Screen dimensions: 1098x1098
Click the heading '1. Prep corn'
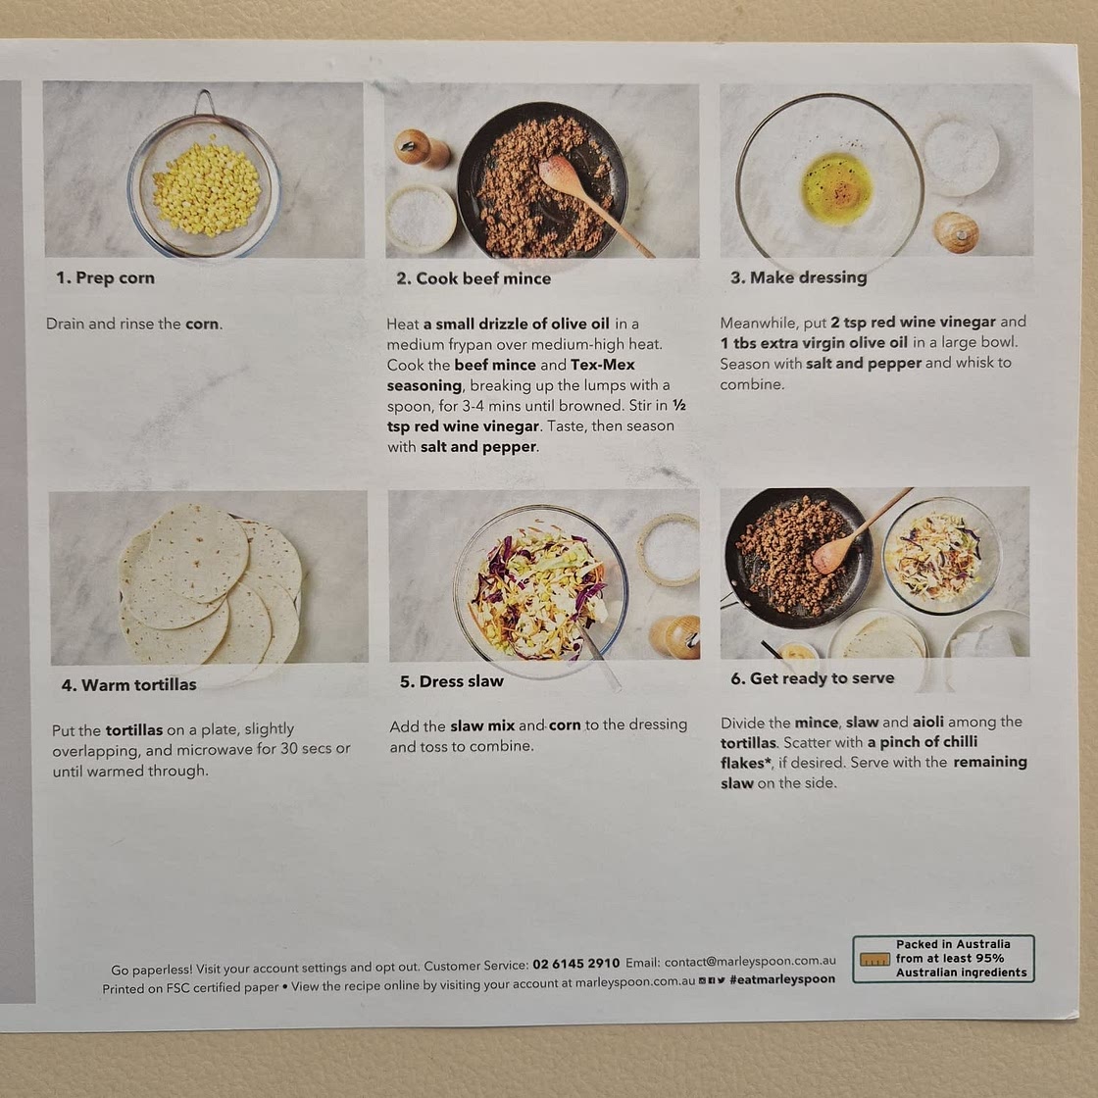click(105, 278)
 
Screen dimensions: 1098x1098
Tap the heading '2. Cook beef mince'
click(474, 278)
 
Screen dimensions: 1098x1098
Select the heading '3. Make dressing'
click(798, 278)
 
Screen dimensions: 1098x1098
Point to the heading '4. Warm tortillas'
click(128, 685)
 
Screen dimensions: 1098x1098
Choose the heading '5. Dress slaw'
click(452, 681)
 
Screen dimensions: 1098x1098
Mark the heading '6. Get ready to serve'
click(813, 678)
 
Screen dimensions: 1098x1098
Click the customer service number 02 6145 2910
click(575, 965)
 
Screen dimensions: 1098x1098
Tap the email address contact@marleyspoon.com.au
click(750, 962)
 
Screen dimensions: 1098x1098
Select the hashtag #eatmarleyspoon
click(782, 979)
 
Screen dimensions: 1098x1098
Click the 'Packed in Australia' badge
click(943, 959)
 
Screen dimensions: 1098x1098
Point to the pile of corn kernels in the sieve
click(207, 187)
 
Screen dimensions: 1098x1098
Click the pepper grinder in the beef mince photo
click(422, 148)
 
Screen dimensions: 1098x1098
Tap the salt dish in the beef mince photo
click(421, 218)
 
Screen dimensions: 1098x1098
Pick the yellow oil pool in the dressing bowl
click(837, 187)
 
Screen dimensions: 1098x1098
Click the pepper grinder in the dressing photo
click(956, 232)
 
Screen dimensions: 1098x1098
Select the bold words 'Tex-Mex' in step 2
click(603, 365)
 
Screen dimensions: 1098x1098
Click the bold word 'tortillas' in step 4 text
click(134, 730)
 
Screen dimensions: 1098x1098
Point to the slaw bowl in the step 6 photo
click(941, 555)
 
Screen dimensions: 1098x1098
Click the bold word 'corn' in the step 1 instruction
click(202, 324)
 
